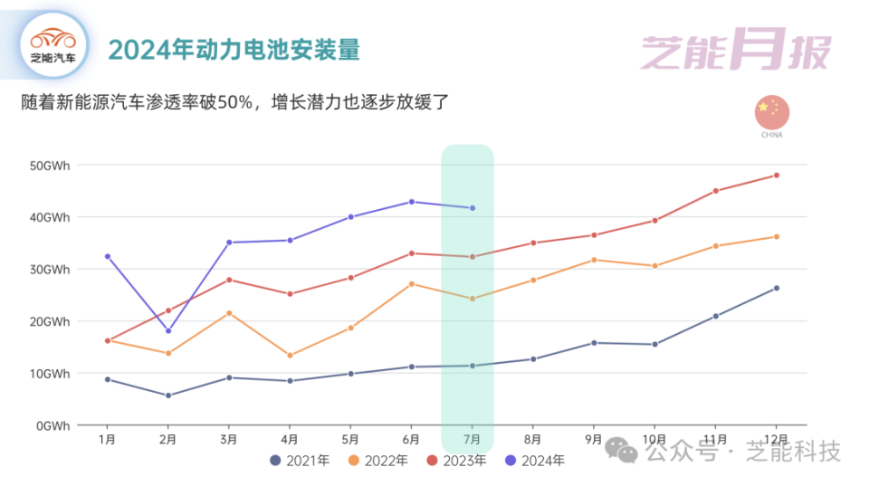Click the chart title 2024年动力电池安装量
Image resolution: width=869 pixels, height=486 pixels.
coord(234,49)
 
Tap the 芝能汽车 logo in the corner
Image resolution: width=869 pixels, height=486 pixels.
coord(53,44)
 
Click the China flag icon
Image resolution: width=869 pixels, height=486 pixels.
coord(771,111)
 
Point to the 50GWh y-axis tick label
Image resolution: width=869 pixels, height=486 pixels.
coord(49,166)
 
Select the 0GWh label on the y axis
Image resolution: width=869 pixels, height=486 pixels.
coord(53,425)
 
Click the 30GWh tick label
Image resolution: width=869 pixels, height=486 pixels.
coord(49,270)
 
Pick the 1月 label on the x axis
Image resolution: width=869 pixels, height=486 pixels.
coord(107,440)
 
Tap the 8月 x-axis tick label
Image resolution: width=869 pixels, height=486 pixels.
coord(532,440)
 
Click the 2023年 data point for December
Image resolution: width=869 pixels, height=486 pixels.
coord(776,176)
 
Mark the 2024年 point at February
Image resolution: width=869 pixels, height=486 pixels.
coord(168,330)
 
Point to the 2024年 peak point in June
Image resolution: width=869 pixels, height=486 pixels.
coord(411,202)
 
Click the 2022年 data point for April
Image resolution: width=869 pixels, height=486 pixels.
coord(290,356)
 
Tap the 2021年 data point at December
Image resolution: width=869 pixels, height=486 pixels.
coord(776,289)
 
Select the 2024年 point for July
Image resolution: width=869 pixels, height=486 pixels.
coord(472,208)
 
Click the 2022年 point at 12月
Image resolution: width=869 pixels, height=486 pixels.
coord(776,237)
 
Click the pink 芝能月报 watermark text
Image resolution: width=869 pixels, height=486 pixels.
coord(734,52)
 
